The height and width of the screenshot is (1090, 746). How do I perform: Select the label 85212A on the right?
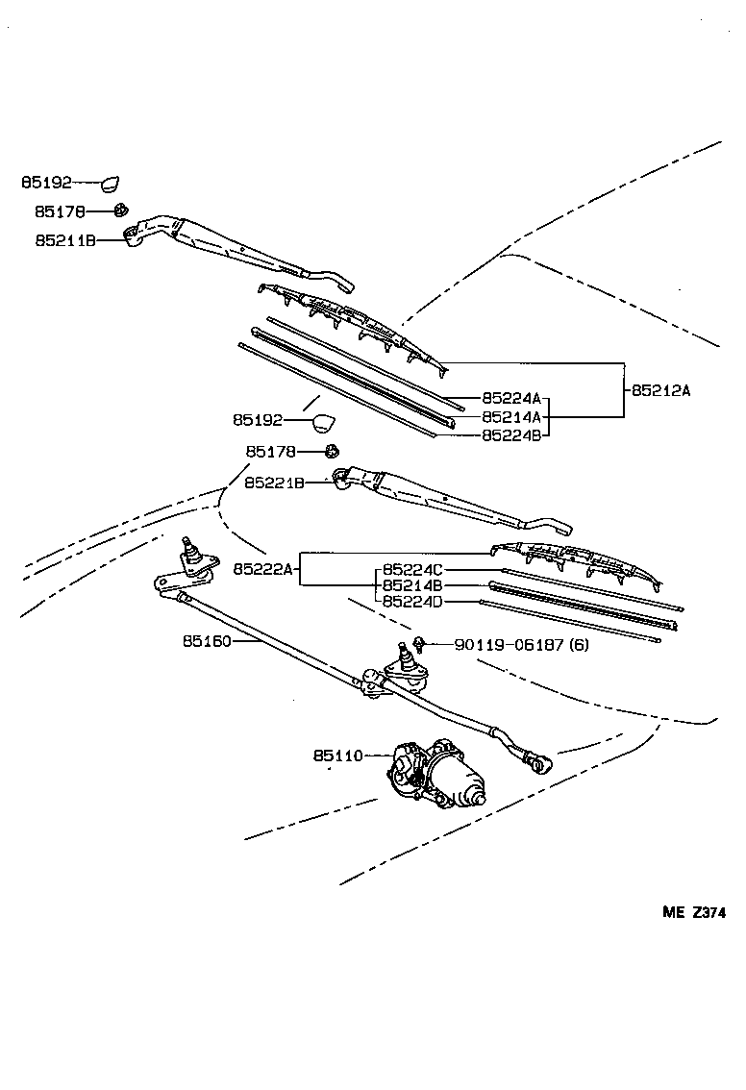click(661, 390)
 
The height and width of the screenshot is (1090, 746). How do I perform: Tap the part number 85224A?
click(511, 398)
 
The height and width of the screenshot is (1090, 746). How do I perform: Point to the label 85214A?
click(511, 417)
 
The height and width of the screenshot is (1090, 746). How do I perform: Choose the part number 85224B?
click(511, 434)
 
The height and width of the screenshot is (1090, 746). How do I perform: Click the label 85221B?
click(274, 483)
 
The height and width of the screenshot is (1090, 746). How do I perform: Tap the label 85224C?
click(412, 569)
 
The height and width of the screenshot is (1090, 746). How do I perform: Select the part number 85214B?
click(412, 585)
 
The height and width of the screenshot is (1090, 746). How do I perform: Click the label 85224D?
click(412, 602)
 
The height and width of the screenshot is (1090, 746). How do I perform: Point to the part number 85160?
click(206, 639)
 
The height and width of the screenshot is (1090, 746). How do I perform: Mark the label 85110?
click(337, 756)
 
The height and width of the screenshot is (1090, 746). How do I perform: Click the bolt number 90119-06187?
click(509, 644)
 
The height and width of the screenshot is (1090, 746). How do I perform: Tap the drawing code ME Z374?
click(691, 914)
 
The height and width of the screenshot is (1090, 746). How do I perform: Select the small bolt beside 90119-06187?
click(420, 642)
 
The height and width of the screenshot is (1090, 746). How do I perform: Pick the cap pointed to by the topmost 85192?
click(111, 182)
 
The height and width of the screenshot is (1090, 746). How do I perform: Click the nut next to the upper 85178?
click(121, 211)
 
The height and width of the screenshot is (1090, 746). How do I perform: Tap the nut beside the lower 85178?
click(332, 452)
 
